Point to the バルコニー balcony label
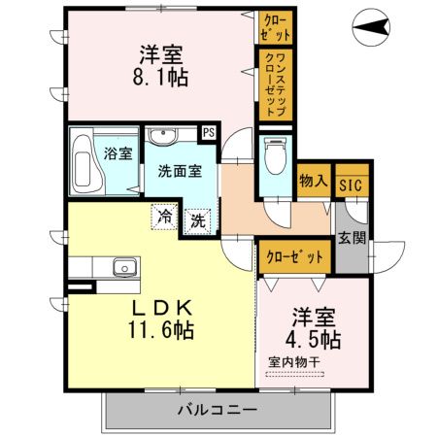click(x=218, y=410)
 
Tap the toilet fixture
click(x=275, y=153)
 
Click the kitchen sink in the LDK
click(x=124, y=268)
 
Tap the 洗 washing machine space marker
click(x=196, y=219)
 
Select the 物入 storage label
click(x=312, y=182)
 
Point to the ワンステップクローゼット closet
click(x=272, y=84)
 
